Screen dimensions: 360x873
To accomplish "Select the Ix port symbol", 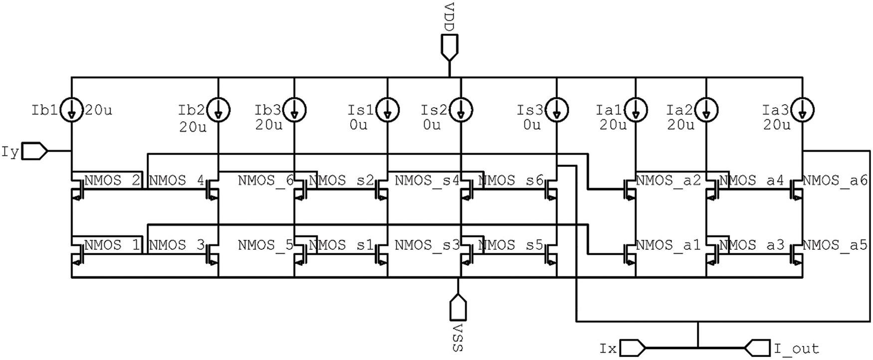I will pyautogui.click(x=632, y=347).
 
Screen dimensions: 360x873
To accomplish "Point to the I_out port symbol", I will pyautogui.click(x=758, y=347).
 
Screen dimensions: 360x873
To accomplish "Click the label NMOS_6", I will pyautogui.click(x=265, y=180).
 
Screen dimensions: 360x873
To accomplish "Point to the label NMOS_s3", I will pyautogui.click(x=427, y=245).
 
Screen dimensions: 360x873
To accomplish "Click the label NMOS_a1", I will pyautogui.click(x=668, y=245).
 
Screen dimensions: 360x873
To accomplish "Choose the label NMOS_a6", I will pyautogui.click(x=835, y=180).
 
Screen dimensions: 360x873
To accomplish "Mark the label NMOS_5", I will pyautogui.click(x=265, y=245).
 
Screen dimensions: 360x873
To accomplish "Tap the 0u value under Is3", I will pyautogui.click(x=532, y=125).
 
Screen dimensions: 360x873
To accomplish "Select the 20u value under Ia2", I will pyautogui.click(x=680, y=125).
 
